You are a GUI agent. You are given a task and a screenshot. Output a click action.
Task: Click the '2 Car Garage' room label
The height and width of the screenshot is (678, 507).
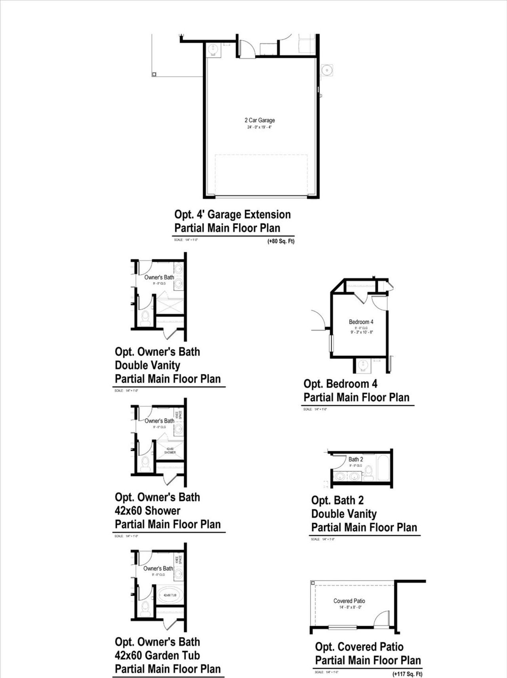coord(259,120)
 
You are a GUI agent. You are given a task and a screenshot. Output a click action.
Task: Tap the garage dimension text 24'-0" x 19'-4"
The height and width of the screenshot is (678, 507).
coord(259,127)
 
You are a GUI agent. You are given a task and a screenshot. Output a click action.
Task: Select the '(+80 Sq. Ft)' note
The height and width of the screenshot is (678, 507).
coord(281,241)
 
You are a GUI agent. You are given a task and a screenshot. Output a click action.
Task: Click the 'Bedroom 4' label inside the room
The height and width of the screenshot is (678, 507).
coord(361,322)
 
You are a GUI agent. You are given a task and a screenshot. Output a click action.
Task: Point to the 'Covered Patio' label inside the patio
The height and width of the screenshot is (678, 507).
coord(349,601)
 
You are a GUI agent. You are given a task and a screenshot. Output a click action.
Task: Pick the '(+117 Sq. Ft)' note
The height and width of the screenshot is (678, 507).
coord(407,674)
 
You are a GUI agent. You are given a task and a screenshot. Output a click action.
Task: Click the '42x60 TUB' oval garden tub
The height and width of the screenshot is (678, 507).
coord(170,595)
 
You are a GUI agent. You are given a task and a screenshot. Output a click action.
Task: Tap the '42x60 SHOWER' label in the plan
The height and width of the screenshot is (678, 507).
coord(170,450)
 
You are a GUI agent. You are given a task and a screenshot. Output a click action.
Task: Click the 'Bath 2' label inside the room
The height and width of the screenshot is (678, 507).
coord(355,459)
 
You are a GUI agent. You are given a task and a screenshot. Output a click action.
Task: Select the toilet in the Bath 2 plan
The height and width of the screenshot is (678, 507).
coord(369,473)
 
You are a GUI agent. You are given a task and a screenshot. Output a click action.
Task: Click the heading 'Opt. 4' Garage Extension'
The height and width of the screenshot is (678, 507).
coord(233,215)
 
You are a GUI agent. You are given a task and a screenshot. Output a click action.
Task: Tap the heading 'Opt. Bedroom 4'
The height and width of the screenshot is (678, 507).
coord(340,384)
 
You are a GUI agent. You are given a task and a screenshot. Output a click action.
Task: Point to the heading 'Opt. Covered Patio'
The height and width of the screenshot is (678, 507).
coord(359,647)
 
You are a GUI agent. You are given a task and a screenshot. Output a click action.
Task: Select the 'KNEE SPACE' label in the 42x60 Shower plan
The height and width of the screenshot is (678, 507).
coord(179,415)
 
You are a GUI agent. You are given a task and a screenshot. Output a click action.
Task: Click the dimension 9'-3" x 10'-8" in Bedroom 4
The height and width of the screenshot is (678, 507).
coord(361,332)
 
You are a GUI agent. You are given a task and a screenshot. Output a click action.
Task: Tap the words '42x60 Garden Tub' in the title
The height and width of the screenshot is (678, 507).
coord(157,655)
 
